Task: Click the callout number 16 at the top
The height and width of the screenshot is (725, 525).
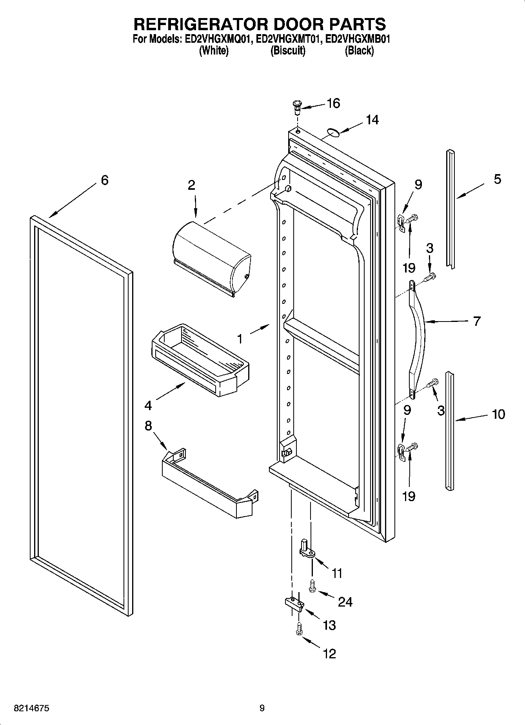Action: tap(333, 104)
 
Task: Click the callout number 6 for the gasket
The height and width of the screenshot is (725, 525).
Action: tap(104, 180)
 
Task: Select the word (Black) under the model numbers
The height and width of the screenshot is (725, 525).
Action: tap(359, 51)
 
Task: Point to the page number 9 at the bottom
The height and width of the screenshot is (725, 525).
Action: tap(262, 708)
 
